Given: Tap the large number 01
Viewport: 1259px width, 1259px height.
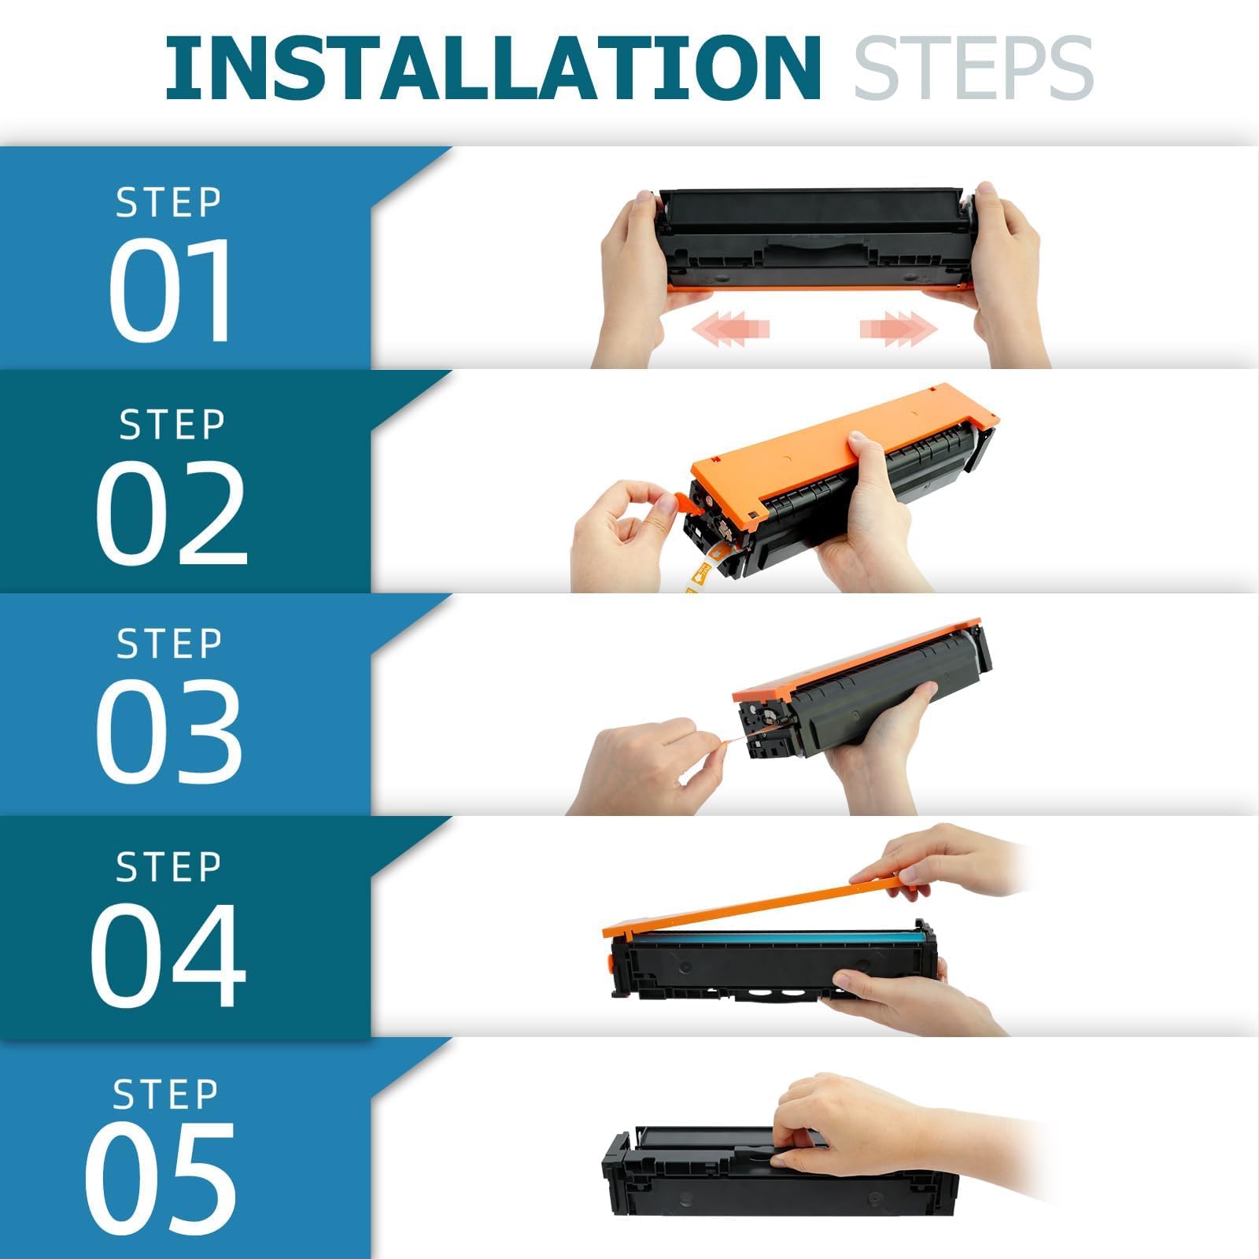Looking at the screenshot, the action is [x=171, y=290].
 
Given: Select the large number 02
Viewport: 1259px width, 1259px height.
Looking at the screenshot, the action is [x=172, y=512].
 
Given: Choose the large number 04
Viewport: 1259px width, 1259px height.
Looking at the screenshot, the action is [x=168, y=954].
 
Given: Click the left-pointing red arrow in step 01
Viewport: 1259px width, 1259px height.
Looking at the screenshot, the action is [x=730, y=327].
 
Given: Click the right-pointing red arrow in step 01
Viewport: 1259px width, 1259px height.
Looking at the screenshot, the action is [x=899, y=327].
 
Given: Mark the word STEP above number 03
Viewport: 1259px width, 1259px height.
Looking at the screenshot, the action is [x=169, y=644].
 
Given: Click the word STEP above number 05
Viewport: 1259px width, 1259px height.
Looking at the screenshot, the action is [x=165, y=1095].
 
